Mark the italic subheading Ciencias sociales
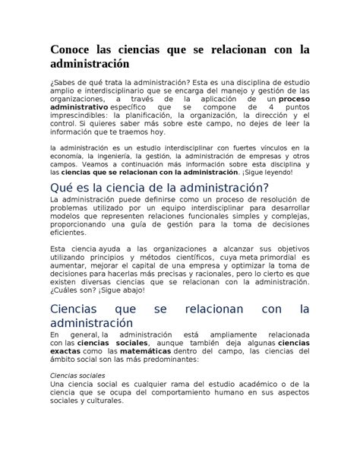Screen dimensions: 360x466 tap(77, 376)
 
